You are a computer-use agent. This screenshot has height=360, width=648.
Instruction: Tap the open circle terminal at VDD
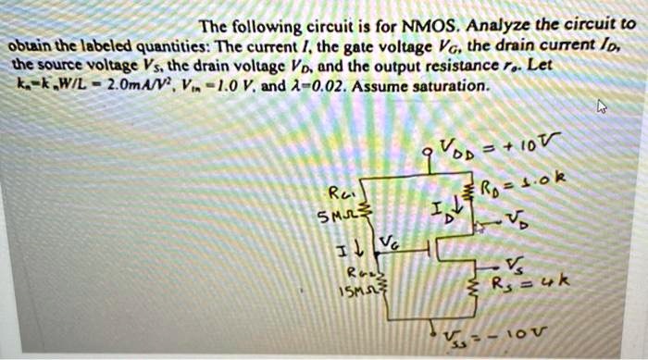coord(428,153)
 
